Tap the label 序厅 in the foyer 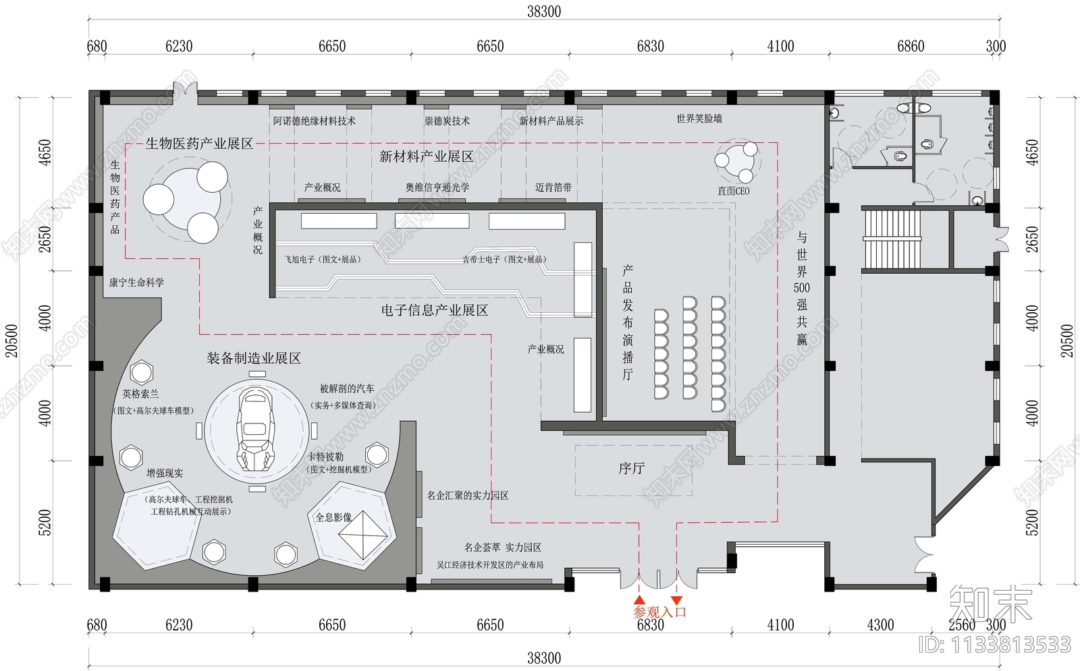pyautogui.click(x=631, y=468)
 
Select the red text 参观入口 pyautogui.click(x=659, y=612)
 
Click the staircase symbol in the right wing pyautogui.click(x=892, y=239)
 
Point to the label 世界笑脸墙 pyautogui.click(x=699, y=119)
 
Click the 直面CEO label pyautogui.click(x=733, y=191)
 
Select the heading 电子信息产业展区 pyautogui.click(x=434, y=310)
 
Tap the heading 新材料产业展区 pyautogui.click(x=426, y=157)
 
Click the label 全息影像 pyautogui.click(x=333, y=517)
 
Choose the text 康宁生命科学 pyautogui.click(x=136, y=283)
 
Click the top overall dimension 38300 pyautogui.click(x=543, y=11)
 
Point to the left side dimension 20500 pyautogui.click(x=11, y=341)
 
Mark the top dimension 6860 pyautogui.click(x=910, y=47)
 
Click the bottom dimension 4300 pyautogui.click(x=880, y=625)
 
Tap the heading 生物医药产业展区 pyautogui.click(x=199, y=144)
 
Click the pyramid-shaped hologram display pyautogui.click(x=365, y=535)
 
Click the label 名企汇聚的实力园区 pyautogui.click(x=467, y=496)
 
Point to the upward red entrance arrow pyautogui.click(x=639, y=599)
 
